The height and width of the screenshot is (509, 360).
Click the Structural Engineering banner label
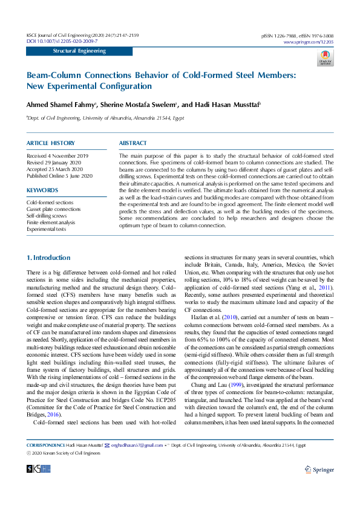79,51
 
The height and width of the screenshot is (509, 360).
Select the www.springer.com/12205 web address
308,42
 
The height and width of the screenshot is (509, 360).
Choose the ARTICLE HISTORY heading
51,143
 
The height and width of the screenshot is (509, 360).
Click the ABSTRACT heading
133,143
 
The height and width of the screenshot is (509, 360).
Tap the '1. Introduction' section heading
48,258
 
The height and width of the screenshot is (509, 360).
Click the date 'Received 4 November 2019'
57,156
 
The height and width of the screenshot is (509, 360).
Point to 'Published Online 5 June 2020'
59,176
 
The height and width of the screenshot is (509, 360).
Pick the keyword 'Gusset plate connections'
53,209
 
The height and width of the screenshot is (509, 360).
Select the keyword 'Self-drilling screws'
47,216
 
